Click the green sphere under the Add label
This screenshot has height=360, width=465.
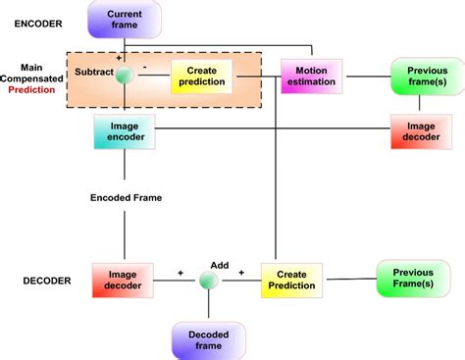coord(208,281)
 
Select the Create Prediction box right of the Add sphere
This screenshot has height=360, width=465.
coord(291,279)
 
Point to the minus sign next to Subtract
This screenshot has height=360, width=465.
coord(144,68)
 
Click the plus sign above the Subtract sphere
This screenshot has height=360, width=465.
coord(120,59)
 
